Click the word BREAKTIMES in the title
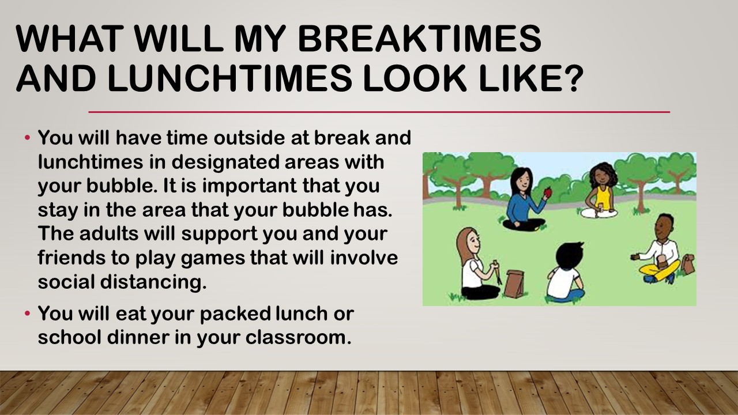point(419,39)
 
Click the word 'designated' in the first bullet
point(225,163)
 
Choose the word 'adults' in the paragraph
point(109,233)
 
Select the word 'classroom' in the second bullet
point(298,337)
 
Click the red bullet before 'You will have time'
point(27,137)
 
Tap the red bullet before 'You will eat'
point(27,313)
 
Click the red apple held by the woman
point(547,192)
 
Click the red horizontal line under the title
point(379,112)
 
